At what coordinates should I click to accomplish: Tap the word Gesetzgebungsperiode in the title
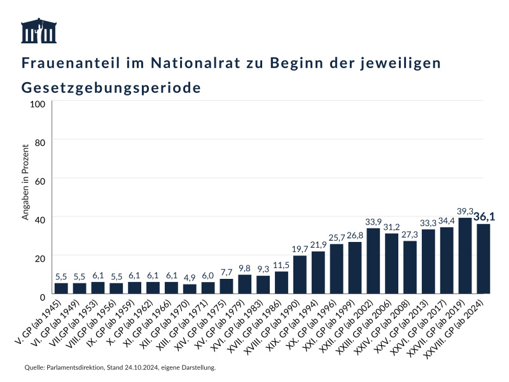click(x=111, y=87)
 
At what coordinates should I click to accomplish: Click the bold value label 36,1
click(x=484, y=216)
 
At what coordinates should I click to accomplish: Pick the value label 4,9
click(x=190, y=278)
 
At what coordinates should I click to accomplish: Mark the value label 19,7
click(x=300, y=249)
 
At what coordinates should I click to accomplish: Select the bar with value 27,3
click(x=410, y=267)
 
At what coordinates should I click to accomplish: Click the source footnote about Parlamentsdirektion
click(x=120, y=368)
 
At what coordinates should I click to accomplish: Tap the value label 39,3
click(x=465, y=211)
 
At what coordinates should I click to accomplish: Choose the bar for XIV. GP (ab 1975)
click(x=227, y=286)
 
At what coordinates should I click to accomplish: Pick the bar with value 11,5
click(x=281, y=283)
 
